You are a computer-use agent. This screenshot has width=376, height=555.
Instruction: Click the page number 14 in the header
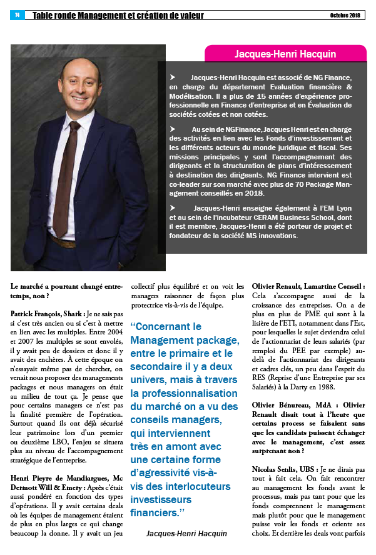click(17, 15)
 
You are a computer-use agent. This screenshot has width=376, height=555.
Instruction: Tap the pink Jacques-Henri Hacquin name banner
click(285, 54)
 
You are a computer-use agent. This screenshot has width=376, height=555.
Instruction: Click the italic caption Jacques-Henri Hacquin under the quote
click(186, 533)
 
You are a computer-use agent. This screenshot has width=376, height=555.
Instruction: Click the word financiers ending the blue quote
click(153, 513)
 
